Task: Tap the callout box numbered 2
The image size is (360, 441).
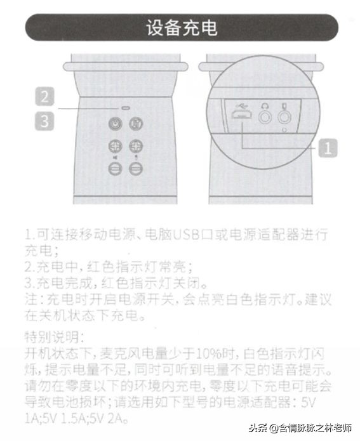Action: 43,97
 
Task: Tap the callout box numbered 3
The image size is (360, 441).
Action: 43,121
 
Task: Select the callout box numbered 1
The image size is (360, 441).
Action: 326,148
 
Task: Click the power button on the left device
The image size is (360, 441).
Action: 116,123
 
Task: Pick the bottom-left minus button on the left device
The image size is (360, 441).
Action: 116,168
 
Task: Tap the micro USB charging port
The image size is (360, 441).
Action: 241,117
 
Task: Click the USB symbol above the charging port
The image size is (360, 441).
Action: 241,105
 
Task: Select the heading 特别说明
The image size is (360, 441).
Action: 49,336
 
